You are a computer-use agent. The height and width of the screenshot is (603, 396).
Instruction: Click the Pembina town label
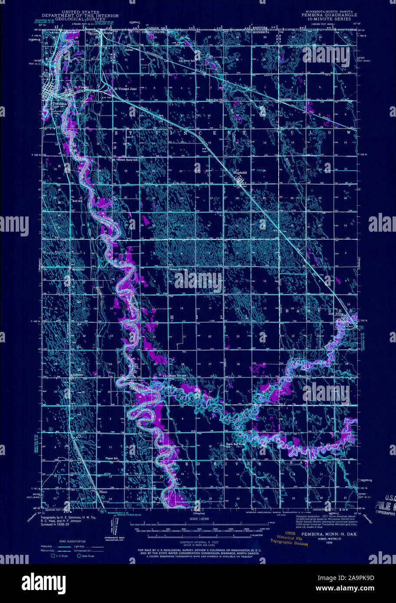58,104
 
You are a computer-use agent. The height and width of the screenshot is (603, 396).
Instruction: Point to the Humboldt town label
241,172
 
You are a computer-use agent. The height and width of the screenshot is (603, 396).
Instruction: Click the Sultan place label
117,50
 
